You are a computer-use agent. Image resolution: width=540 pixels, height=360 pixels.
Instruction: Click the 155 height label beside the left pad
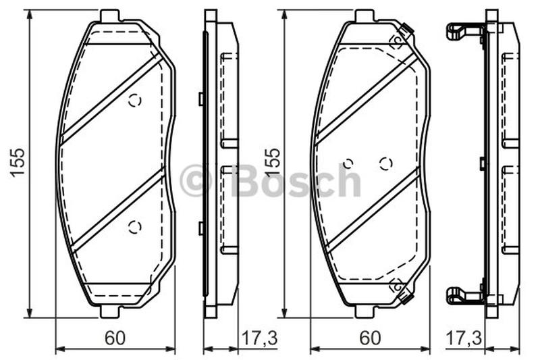tap(18, 162)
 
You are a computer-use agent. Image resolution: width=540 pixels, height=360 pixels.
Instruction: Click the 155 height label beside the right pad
tap(272, 162)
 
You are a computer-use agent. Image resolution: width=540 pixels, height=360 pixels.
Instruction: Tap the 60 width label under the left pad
tap(115, 338)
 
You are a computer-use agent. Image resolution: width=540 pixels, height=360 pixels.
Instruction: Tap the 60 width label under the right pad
tap(370, 338)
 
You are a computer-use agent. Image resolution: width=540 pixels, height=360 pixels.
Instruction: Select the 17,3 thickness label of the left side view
tap(260, 338)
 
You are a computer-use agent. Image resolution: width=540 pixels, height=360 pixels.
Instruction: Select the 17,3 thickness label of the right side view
tap(464, 338)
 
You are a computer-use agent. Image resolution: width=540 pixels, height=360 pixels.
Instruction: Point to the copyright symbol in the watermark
tap(195, 181)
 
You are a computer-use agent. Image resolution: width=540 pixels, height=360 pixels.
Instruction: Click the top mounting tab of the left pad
tap(110, 16)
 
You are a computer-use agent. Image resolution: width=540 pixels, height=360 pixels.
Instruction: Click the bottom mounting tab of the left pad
tap(110, 312)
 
